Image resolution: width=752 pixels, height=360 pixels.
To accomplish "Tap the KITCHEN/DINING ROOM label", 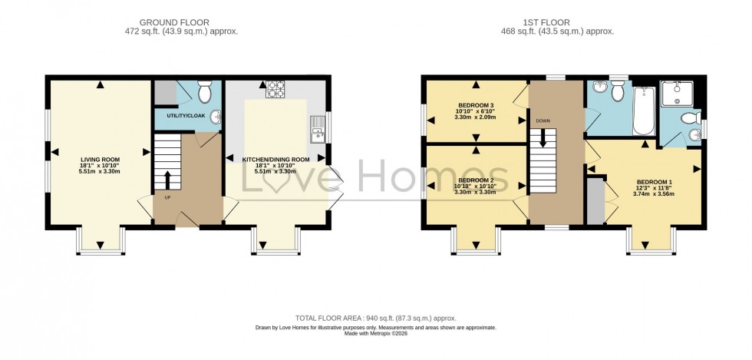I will pyautogui.click(x=276, y=160).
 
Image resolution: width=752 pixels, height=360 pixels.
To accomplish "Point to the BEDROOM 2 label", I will pyautogui.click(x=475, y=179).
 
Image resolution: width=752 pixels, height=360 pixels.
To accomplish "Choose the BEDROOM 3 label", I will pyautogui.click(x=476, y=105).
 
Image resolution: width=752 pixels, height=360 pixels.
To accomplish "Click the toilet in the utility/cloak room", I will pyautogui.click(x=205, y=92).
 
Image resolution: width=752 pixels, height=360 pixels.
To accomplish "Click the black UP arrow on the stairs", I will pyautogui.click(x=168, y=180).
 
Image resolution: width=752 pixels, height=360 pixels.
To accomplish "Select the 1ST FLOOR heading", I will pyautogui.click(x=559, y=22).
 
